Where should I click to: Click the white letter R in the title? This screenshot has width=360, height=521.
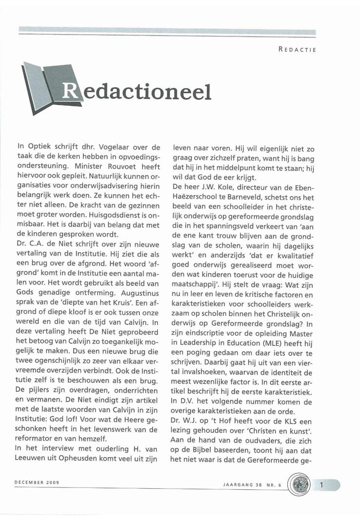point(69,89)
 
